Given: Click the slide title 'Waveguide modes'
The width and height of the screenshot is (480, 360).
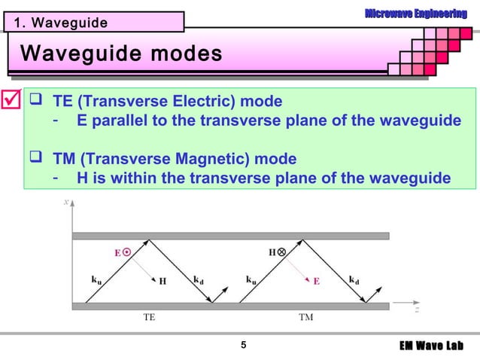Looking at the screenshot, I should tap(121, 54).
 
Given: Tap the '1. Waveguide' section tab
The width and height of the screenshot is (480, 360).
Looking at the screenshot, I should tap(57, 23).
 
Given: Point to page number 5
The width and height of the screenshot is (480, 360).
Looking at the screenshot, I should tap(242, 346).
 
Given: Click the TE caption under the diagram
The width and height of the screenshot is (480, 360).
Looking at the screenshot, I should tap(150, 318).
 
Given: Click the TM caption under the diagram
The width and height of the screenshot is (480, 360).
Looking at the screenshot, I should tap(305, 318).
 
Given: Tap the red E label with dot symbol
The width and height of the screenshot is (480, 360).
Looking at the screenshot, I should tap(122, 253).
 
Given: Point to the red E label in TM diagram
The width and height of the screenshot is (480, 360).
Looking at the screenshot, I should tap(317, 280).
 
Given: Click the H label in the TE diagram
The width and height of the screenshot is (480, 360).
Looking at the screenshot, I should tap(163, 281).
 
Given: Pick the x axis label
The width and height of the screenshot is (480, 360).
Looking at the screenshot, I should tap(66, 202).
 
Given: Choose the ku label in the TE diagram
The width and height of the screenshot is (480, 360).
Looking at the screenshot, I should tap(97, 279).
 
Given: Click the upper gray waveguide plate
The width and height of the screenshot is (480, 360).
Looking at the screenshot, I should tap(230, 236).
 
